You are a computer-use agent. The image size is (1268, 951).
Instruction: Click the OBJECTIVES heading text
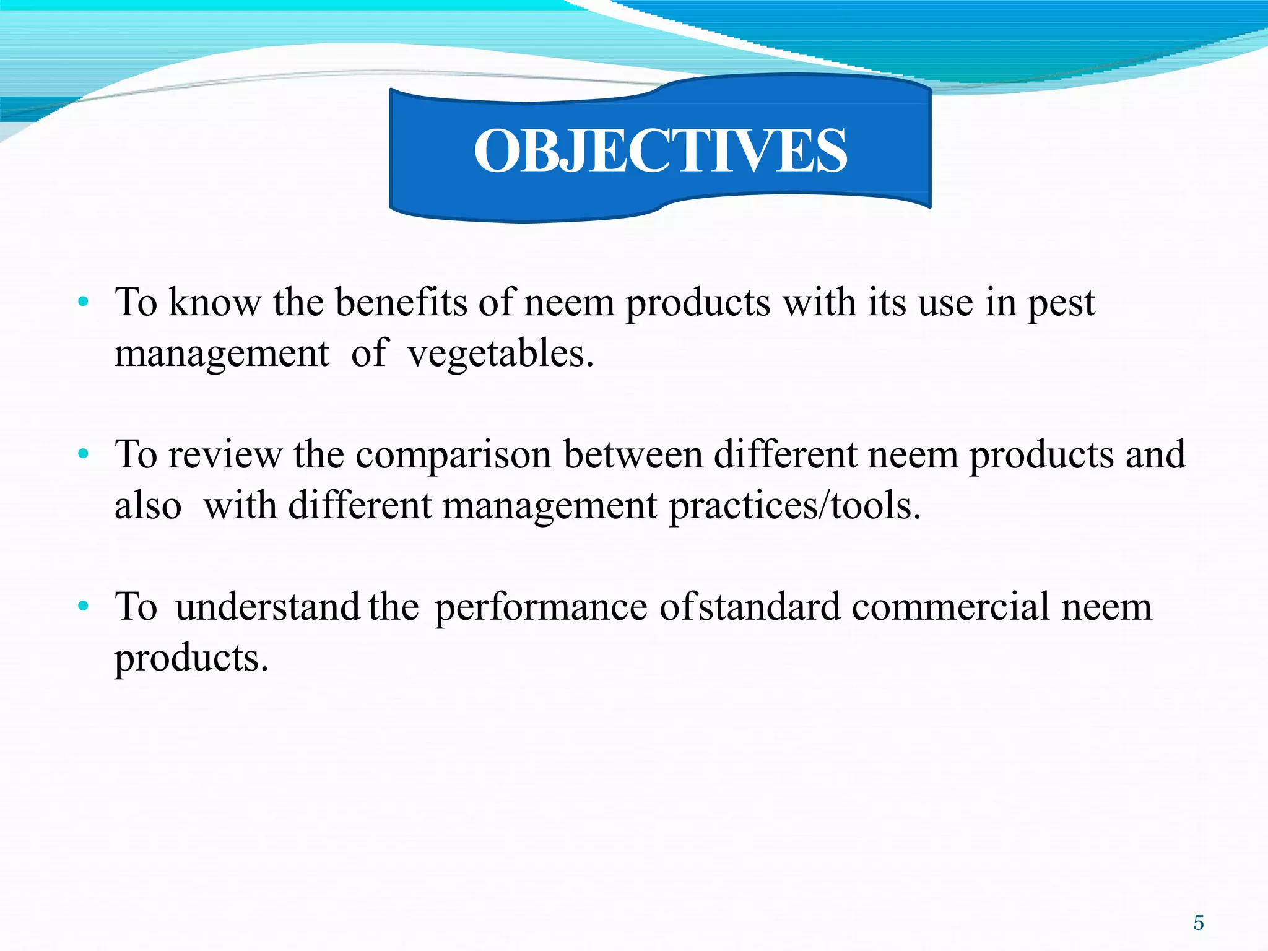coord(660,151)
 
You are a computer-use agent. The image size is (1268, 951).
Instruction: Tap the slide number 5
coord(1199,923)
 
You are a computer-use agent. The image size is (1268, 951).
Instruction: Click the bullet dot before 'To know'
coord(84,303)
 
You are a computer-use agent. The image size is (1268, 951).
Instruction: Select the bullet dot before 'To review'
coord(84,455)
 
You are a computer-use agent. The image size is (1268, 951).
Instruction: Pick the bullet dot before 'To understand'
coord(84,607)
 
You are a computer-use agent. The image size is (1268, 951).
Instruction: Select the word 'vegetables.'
coord(500,355)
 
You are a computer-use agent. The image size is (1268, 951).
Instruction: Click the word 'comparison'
coord(453,456)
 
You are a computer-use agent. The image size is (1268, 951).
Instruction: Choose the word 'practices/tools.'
coord(795,506)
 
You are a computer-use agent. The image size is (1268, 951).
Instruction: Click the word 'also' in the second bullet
coord(148,505)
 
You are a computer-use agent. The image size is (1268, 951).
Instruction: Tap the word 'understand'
coord(267,607)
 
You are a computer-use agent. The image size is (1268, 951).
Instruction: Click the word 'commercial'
coord(950,607)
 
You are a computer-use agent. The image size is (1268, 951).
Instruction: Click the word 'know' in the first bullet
coord(215,303)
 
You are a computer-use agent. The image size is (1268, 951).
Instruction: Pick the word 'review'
coord(225,456)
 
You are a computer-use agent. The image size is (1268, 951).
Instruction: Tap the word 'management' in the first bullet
coord(222,355)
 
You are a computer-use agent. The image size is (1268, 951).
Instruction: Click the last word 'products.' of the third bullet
coord(191,659)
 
